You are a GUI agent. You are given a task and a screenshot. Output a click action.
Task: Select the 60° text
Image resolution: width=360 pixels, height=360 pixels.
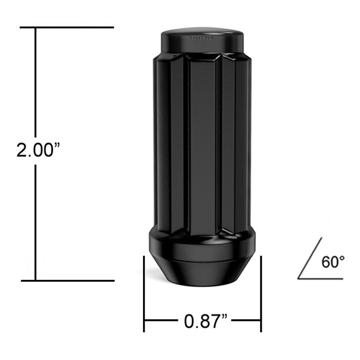click(x=333, y=262)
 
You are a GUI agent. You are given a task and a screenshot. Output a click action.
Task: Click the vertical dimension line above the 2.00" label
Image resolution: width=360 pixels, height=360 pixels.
click(x=35, y=82)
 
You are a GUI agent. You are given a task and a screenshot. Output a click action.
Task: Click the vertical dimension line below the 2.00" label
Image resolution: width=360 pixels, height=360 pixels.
click(x=35, y=221)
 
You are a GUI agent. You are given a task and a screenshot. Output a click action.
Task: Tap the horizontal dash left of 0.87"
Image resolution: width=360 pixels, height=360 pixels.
click(x=163, y=322)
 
